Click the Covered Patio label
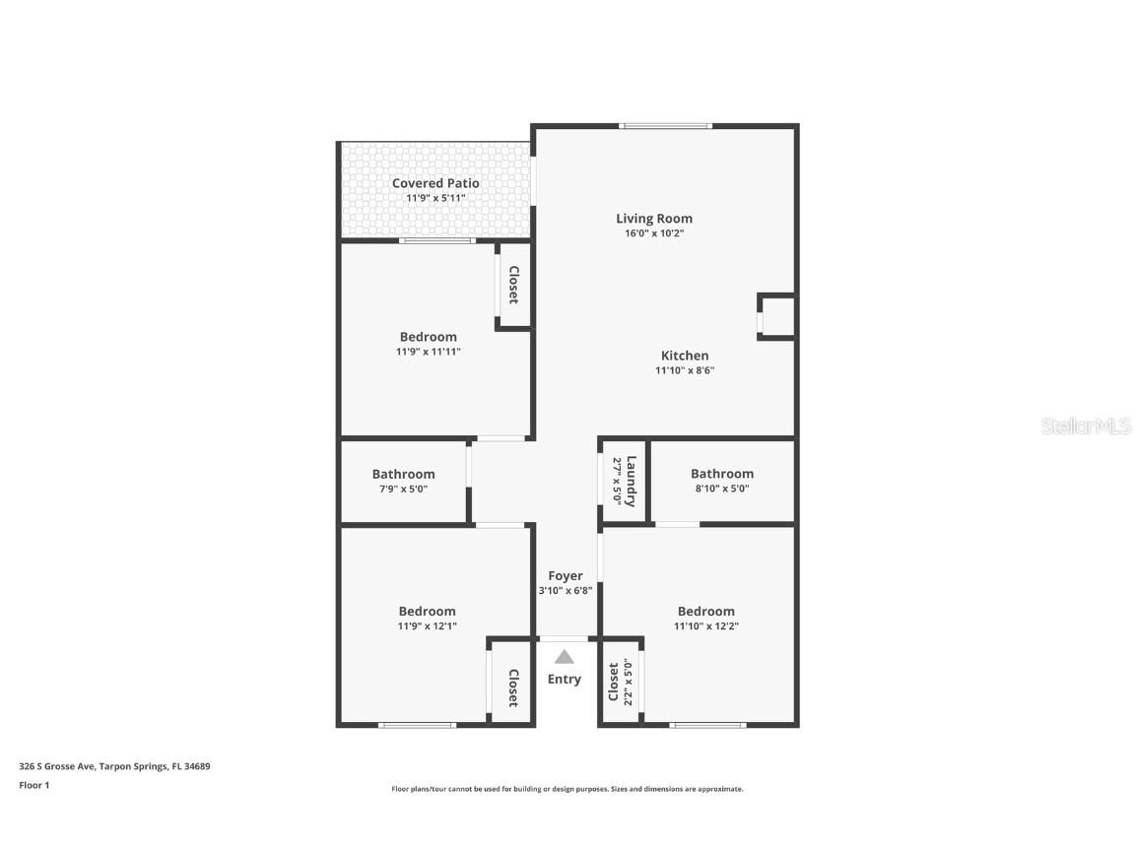coord(435,183)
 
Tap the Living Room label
coord(654,219)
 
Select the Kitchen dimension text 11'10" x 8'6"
coord(685,371)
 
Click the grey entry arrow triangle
coord(564,657)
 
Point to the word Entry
coord(565,680)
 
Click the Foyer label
coord(566,576)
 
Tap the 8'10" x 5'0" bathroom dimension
coord(722,489)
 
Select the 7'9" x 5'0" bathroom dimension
coord(403,489)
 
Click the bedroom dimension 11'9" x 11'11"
coord(429,352)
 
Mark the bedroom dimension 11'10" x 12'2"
coord(706,626)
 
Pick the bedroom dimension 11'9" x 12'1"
coord(427,626)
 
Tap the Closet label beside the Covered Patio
coord(513,286)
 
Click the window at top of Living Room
coord(665,126)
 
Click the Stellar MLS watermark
coord(1087,426)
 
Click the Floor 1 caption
coord(33,785)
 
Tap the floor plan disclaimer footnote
coord(567,789)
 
